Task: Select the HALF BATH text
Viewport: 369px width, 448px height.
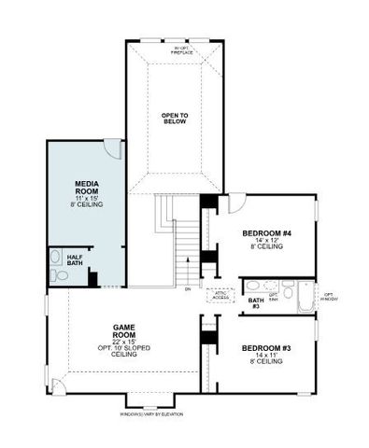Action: (x=75, y=260)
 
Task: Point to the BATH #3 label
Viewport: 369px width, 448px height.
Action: (x=254, y=303)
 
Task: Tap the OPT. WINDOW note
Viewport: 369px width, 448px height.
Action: (x=329, y=298)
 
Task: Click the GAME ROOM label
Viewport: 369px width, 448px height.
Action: (x=124, y=330)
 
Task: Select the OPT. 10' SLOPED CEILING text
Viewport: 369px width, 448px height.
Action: (x=124, y=351)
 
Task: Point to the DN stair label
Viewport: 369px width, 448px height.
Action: (x=188, y=288)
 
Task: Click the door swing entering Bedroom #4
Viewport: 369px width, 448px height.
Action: (x=236, y=202)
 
